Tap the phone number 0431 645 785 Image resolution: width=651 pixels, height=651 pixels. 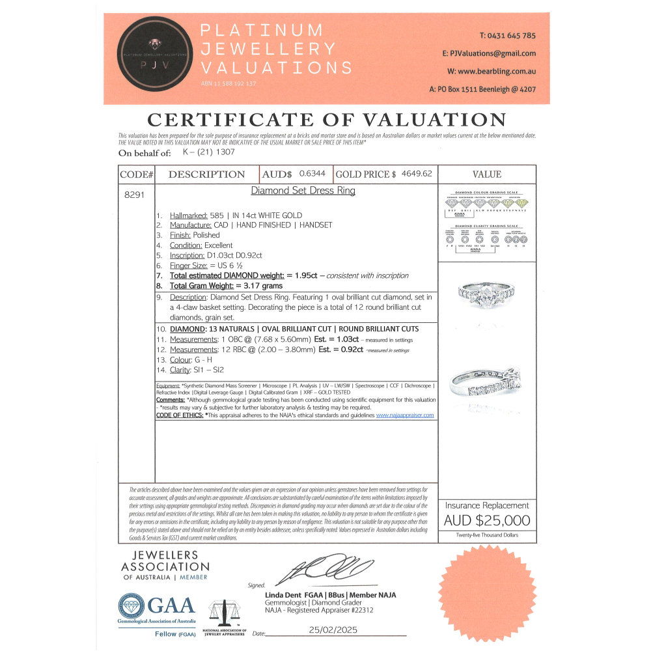507,36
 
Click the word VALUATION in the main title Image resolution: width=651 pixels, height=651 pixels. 430,120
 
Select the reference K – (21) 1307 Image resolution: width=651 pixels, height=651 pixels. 209,152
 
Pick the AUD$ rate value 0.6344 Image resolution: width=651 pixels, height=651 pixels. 314,174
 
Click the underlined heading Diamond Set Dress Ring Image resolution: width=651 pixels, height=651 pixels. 303,191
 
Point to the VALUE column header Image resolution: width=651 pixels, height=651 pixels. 486,174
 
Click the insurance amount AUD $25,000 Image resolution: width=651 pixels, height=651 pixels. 486,520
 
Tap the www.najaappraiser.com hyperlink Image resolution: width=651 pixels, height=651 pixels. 404,415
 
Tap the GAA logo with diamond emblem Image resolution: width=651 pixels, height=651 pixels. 157,607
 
